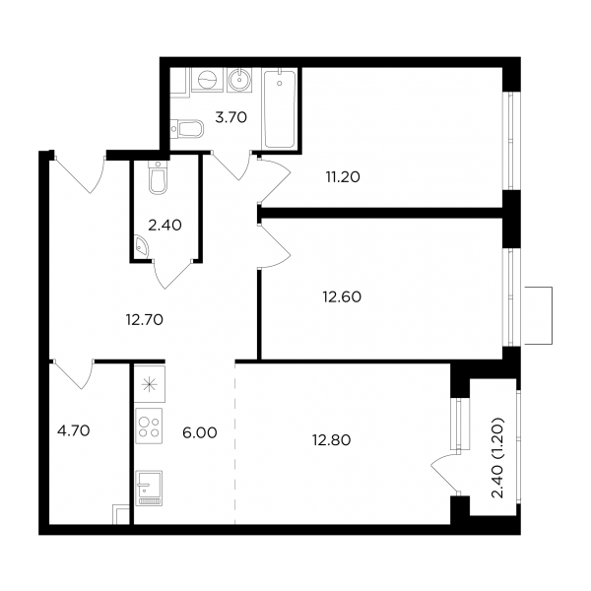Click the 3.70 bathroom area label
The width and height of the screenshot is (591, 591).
pyautogui.click(x=230, y=117)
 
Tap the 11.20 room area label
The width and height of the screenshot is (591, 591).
pyautogui.click(x=343, y=176)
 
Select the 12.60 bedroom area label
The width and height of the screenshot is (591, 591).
pyautogui.click(x=342, y=297)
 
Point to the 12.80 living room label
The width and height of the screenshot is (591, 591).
pyautogui.click(x=331, y=440)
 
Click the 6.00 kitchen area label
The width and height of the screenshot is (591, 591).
pyautogui.click(x=200, y=432)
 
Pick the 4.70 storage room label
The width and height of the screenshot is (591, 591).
pyautogui.click(x=74, y=430)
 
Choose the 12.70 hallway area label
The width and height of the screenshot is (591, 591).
pyautogui.click(x=145, y=320)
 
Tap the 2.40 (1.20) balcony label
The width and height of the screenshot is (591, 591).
pyautogui.click(x=497, y=458)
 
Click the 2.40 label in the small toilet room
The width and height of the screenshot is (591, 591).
pyautogui.click(x=164, y=226)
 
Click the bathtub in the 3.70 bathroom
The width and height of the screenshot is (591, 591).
pyautogui.click(x=280, y=109)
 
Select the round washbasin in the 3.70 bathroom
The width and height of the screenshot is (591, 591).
pyautogui.click(x=239, y=80)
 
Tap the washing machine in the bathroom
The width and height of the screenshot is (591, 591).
pyautogui.click(x=207, y=80)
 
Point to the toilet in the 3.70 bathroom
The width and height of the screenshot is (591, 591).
pyautogui.click(x=187, y=129)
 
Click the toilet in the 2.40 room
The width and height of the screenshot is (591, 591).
pyautogui.click(x=158, y=178)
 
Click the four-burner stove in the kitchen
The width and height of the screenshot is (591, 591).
pyautogui.click(x=149, y=426)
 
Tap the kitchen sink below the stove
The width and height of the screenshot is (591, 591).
pyautogui.click(x=149, y=488)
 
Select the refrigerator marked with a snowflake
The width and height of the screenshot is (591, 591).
pyautogui.click(x=150, y=384)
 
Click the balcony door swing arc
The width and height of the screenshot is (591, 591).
pyautogui.click(x=440, y=473)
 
